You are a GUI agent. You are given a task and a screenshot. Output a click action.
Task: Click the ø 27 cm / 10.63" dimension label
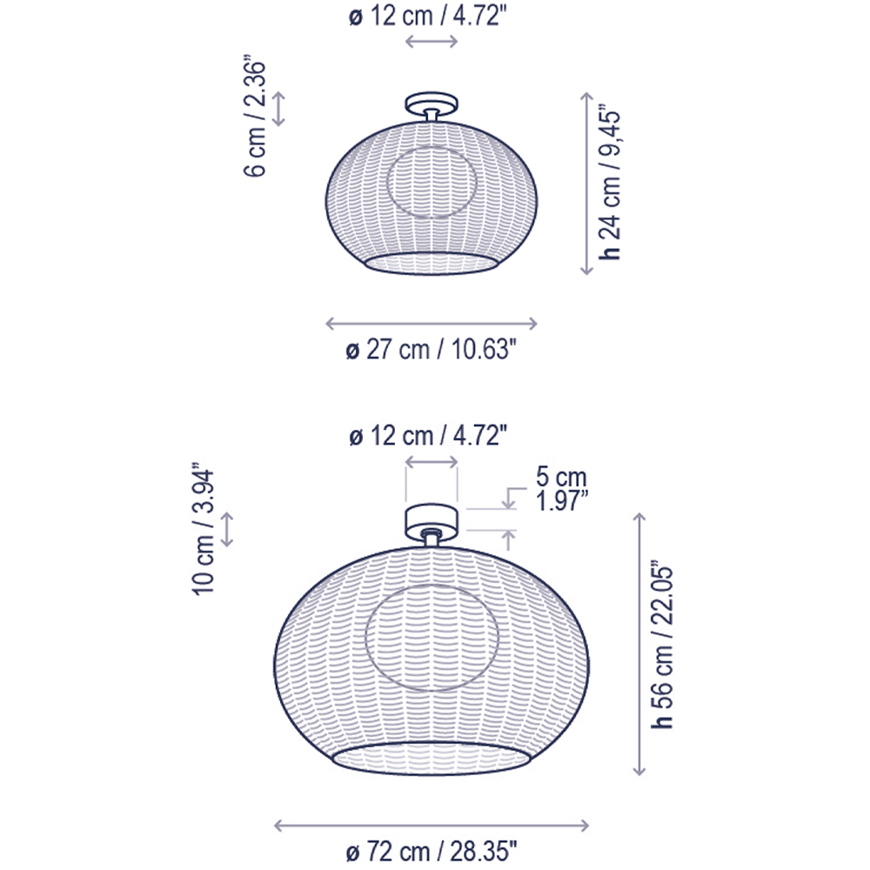click(431, 350)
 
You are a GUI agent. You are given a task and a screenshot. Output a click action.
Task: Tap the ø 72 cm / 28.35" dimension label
click(432, 852)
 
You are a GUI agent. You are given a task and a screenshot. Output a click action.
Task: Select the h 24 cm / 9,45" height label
click(610, 184)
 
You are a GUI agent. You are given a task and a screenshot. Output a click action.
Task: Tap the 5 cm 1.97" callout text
click(561, 489)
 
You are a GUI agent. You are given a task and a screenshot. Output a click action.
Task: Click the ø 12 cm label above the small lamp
click(428, 17)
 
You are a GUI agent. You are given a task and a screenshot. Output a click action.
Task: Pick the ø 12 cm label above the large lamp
click(428, 436)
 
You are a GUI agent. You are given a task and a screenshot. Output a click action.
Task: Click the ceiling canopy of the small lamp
click(432, 104)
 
